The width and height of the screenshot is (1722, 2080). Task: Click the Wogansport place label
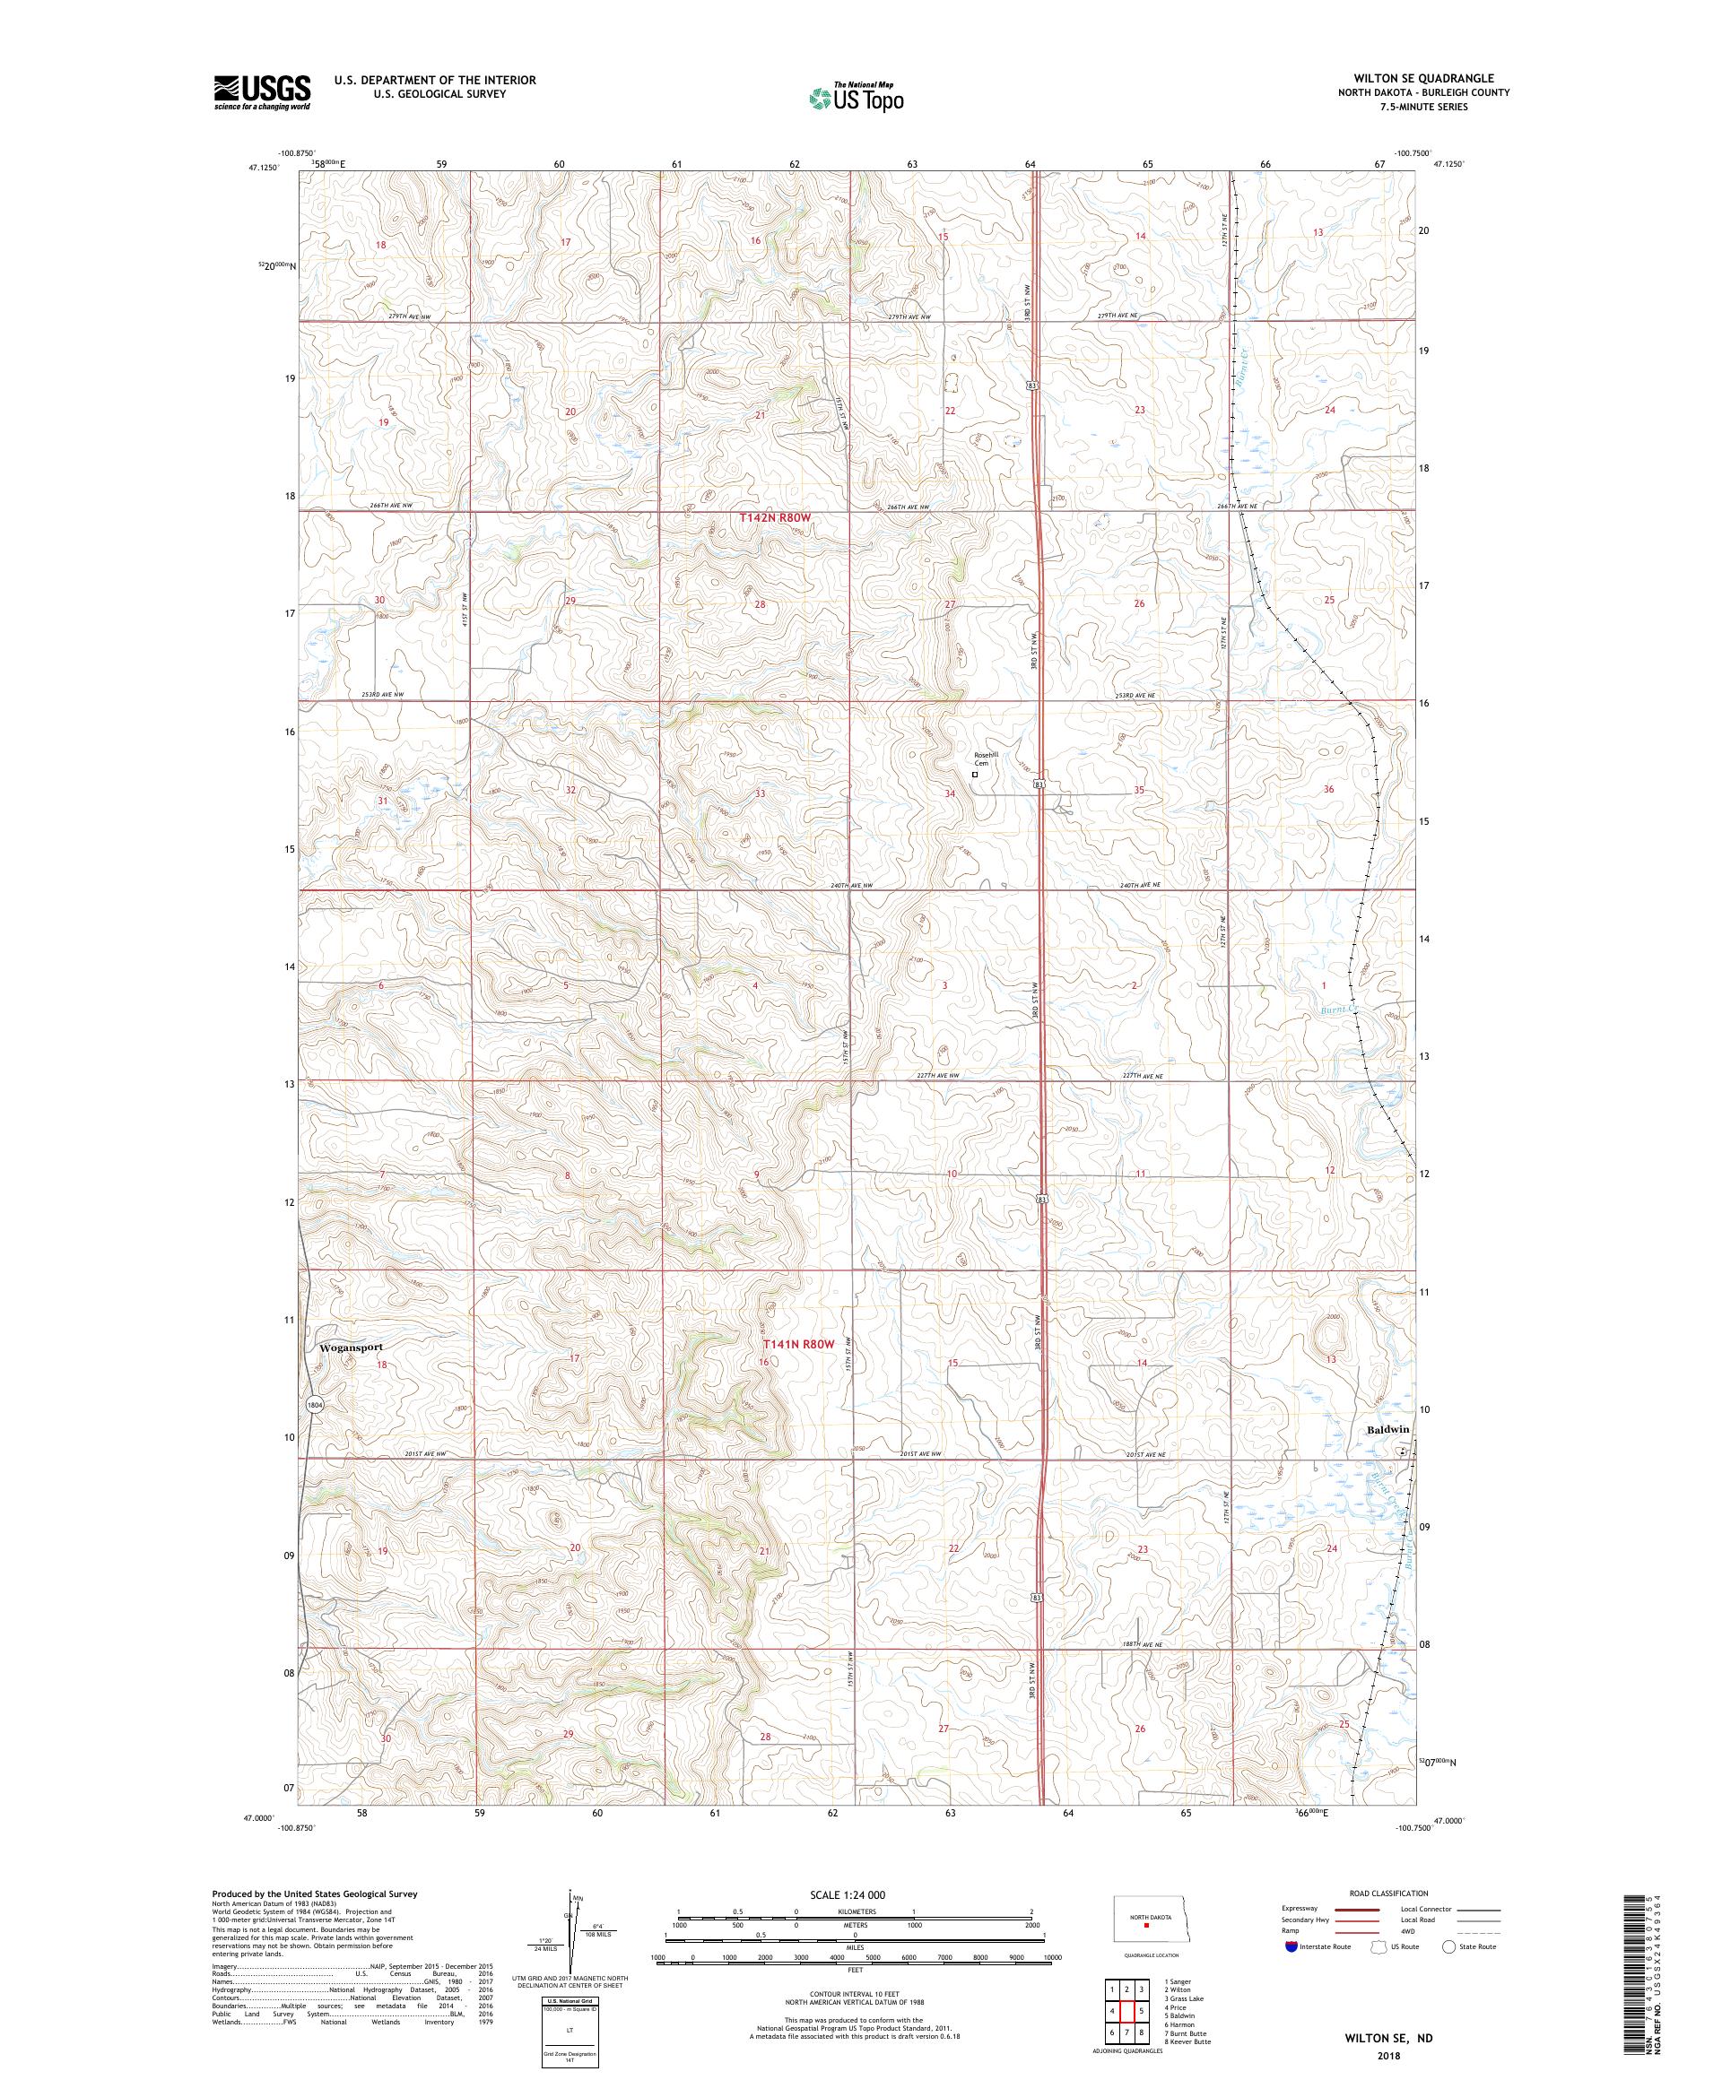click(350, 1347)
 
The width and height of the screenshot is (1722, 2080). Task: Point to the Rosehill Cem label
click(984, 758)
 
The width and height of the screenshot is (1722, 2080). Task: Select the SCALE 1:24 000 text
click(854, 1894)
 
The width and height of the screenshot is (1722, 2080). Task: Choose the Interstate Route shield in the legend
click(1290, 1946)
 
